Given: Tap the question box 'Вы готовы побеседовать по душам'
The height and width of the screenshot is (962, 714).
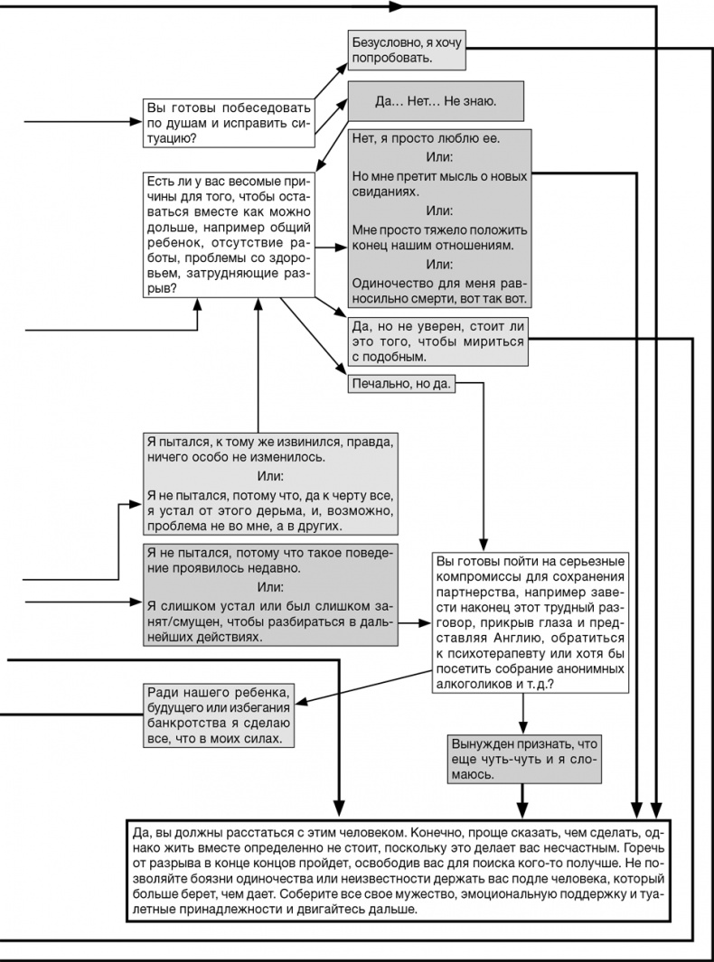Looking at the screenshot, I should click(229, 122).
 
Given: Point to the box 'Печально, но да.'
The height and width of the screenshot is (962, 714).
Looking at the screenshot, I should click(401, 383).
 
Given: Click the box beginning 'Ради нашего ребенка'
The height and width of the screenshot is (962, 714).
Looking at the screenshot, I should click(218, 714).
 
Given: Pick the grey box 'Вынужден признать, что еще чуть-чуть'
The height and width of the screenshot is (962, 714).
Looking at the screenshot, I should click(523, 758).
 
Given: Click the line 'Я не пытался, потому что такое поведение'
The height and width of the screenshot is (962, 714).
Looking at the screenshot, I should click(270, 553).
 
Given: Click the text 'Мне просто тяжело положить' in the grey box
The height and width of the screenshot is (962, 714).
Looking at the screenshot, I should click(439, 229).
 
